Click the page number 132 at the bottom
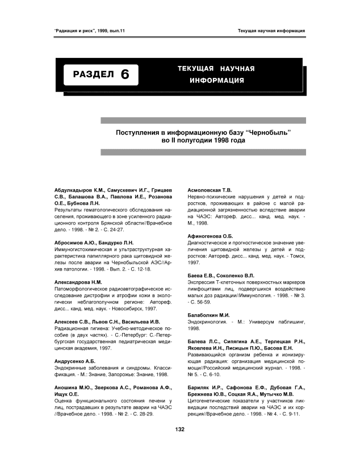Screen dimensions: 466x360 tap(180, 444)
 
